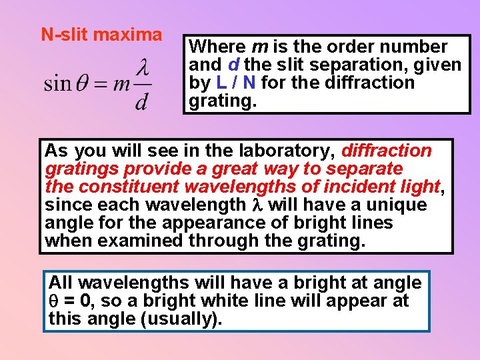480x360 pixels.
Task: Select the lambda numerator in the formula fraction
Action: coord(142,67)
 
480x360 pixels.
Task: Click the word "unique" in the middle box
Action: coord(403,205)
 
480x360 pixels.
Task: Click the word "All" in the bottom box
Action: coord(61,283)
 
